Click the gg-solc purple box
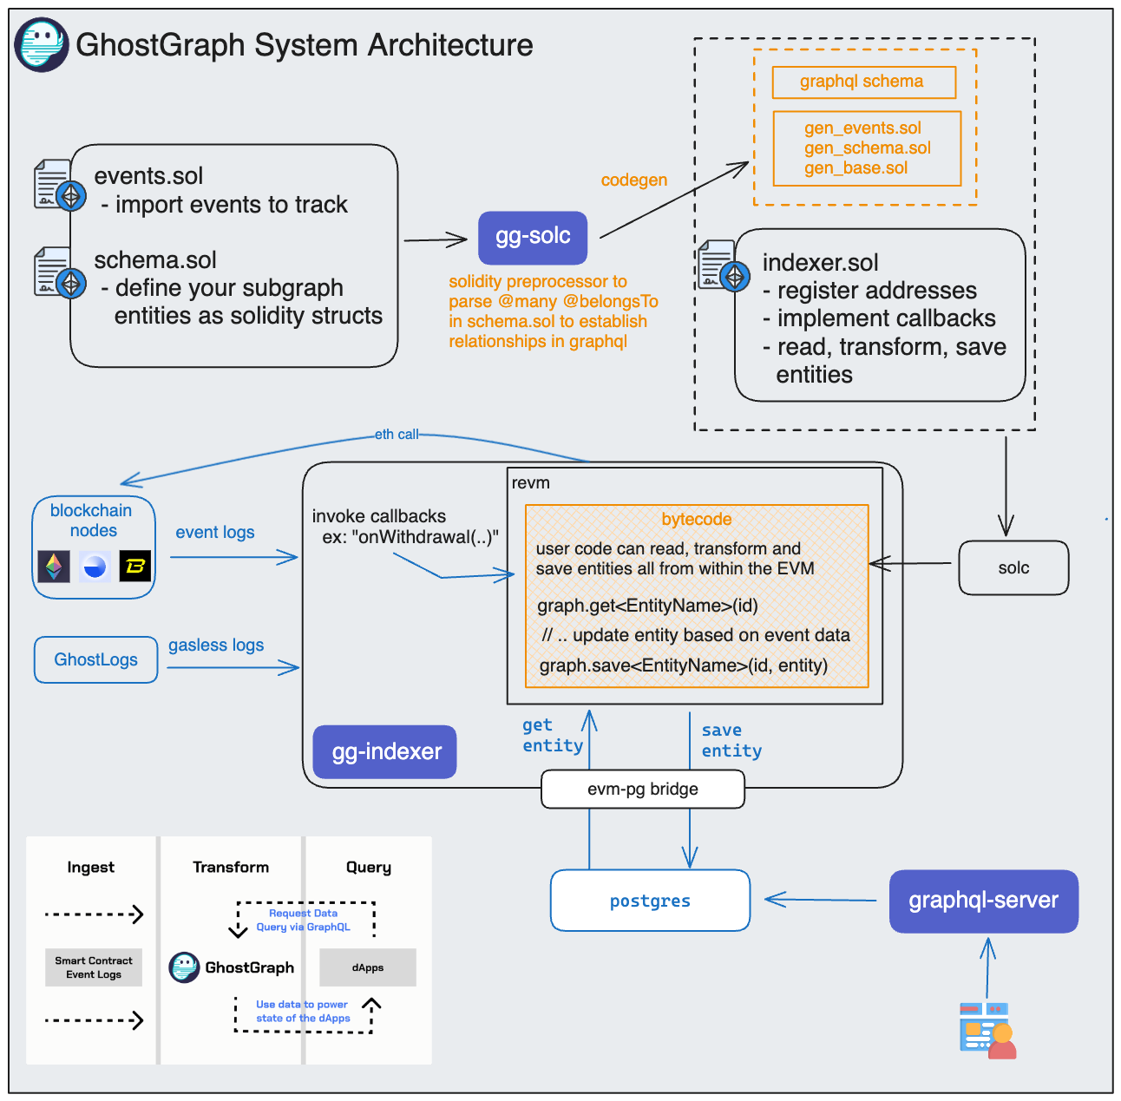coord(532,237)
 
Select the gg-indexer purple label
coord(385,751)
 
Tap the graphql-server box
coord(983,901)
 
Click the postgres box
coord(650,901)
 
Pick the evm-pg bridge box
coord(642,790)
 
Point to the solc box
coord(1013,568)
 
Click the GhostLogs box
coord(95,660)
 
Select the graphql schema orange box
coord(862,82)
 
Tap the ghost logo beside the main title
coord(41,44)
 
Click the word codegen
coord(633,180)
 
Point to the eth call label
coord(397,435)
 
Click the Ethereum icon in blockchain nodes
coord(54,567)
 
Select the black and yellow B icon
coord(134,567)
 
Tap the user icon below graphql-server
coord(987,1031)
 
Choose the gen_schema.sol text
coord(867,148)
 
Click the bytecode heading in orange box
coord(696,520)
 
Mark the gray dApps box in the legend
coord(368,967)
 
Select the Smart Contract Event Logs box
coord(94,967)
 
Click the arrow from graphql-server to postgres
coord(820,900)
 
